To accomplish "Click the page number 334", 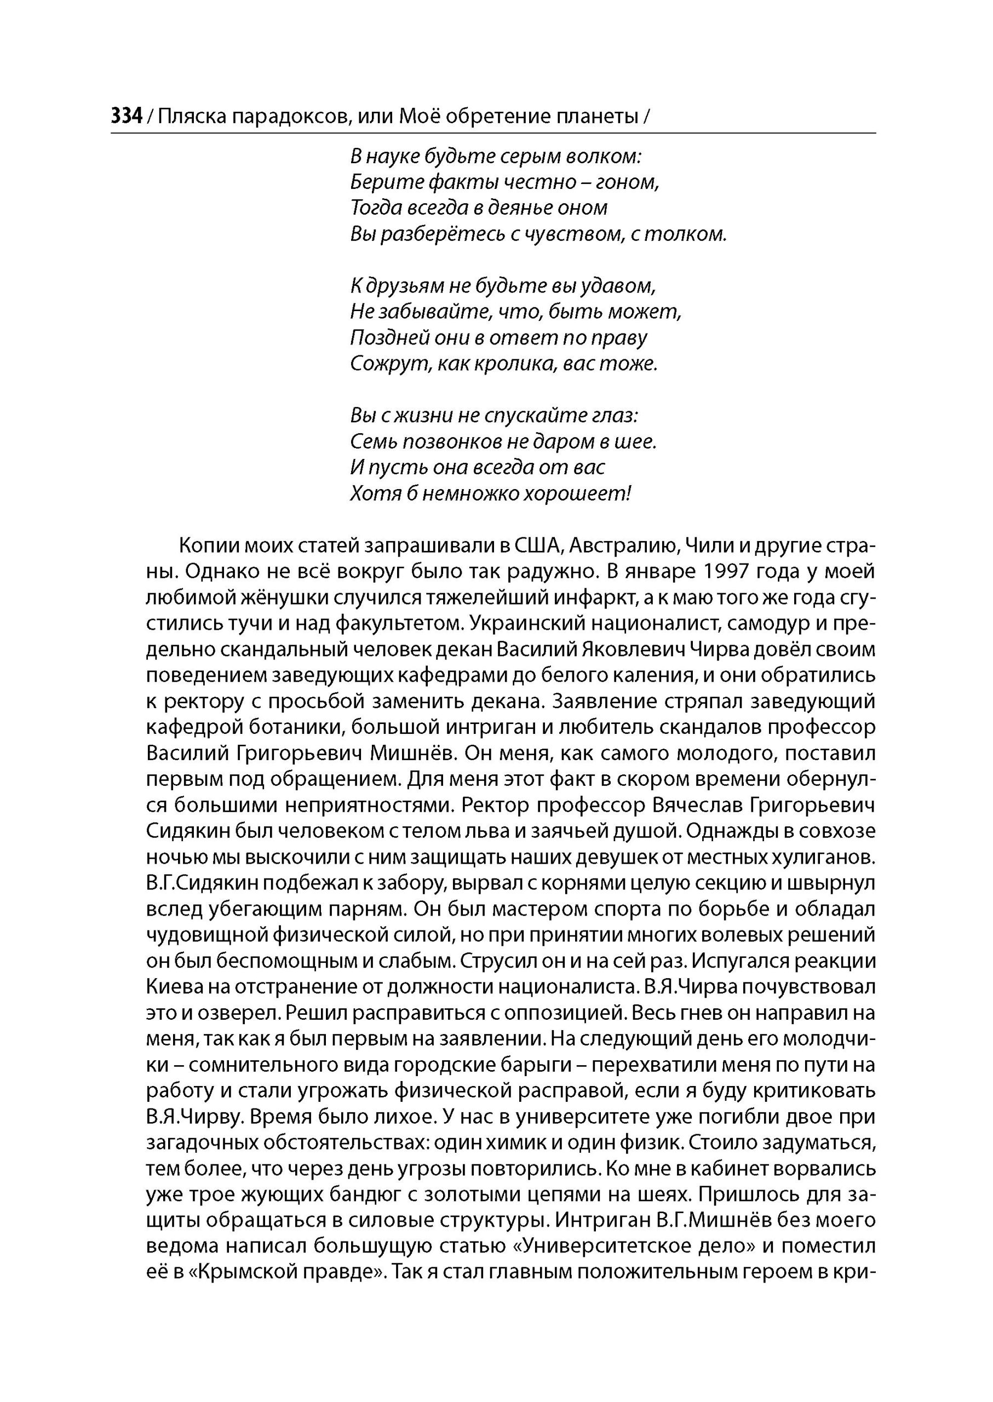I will click(127, 116).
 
